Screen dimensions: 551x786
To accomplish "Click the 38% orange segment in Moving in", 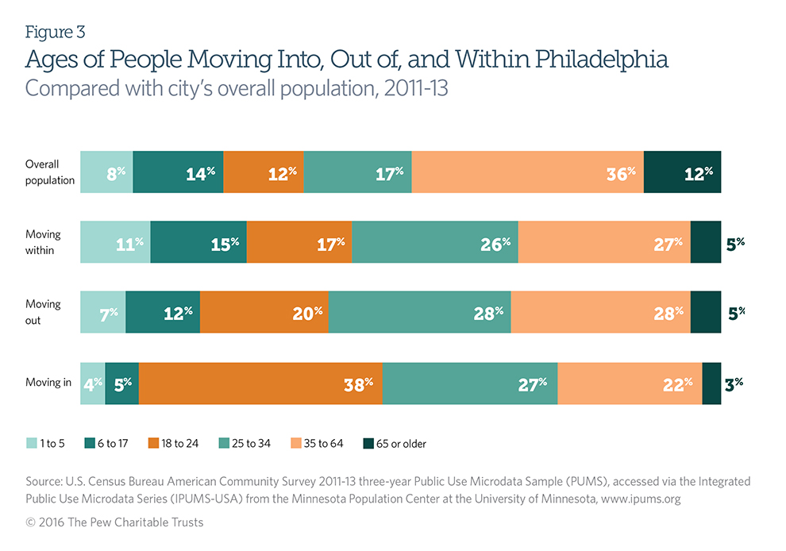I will click(x=260, y=383).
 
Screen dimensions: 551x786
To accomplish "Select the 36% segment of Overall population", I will click(x=527, y=171).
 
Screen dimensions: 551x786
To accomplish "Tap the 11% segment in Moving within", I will click(x=115, y=242).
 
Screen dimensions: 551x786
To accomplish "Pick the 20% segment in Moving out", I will click(x=264, y=312).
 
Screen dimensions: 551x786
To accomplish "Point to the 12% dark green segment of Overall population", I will click(x=682, y=171).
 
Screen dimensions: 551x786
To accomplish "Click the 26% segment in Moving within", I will click(x=435, y=242).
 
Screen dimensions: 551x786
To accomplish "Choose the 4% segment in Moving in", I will click(x=93, y=383).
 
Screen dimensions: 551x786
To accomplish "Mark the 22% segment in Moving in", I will click(x=630, y=383).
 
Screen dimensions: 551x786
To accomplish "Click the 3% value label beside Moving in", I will click(x=734, y=383).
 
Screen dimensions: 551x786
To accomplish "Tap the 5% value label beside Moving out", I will click(x=736, y=313).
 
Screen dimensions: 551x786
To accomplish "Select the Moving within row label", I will click(x=43, y=242).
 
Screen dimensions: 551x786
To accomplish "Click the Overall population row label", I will click(x=49, y=171).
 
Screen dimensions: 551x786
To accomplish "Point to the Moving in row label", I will click(x=48, y=383).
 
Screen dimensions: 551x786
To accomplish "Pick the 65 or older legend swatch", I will click(x=368, y=443).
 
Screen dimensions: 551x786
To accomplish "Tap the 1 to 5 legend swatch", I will click(x=31, y=443).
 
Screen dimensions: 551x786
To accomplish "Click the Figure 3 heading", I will click(x=55, y=33).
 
